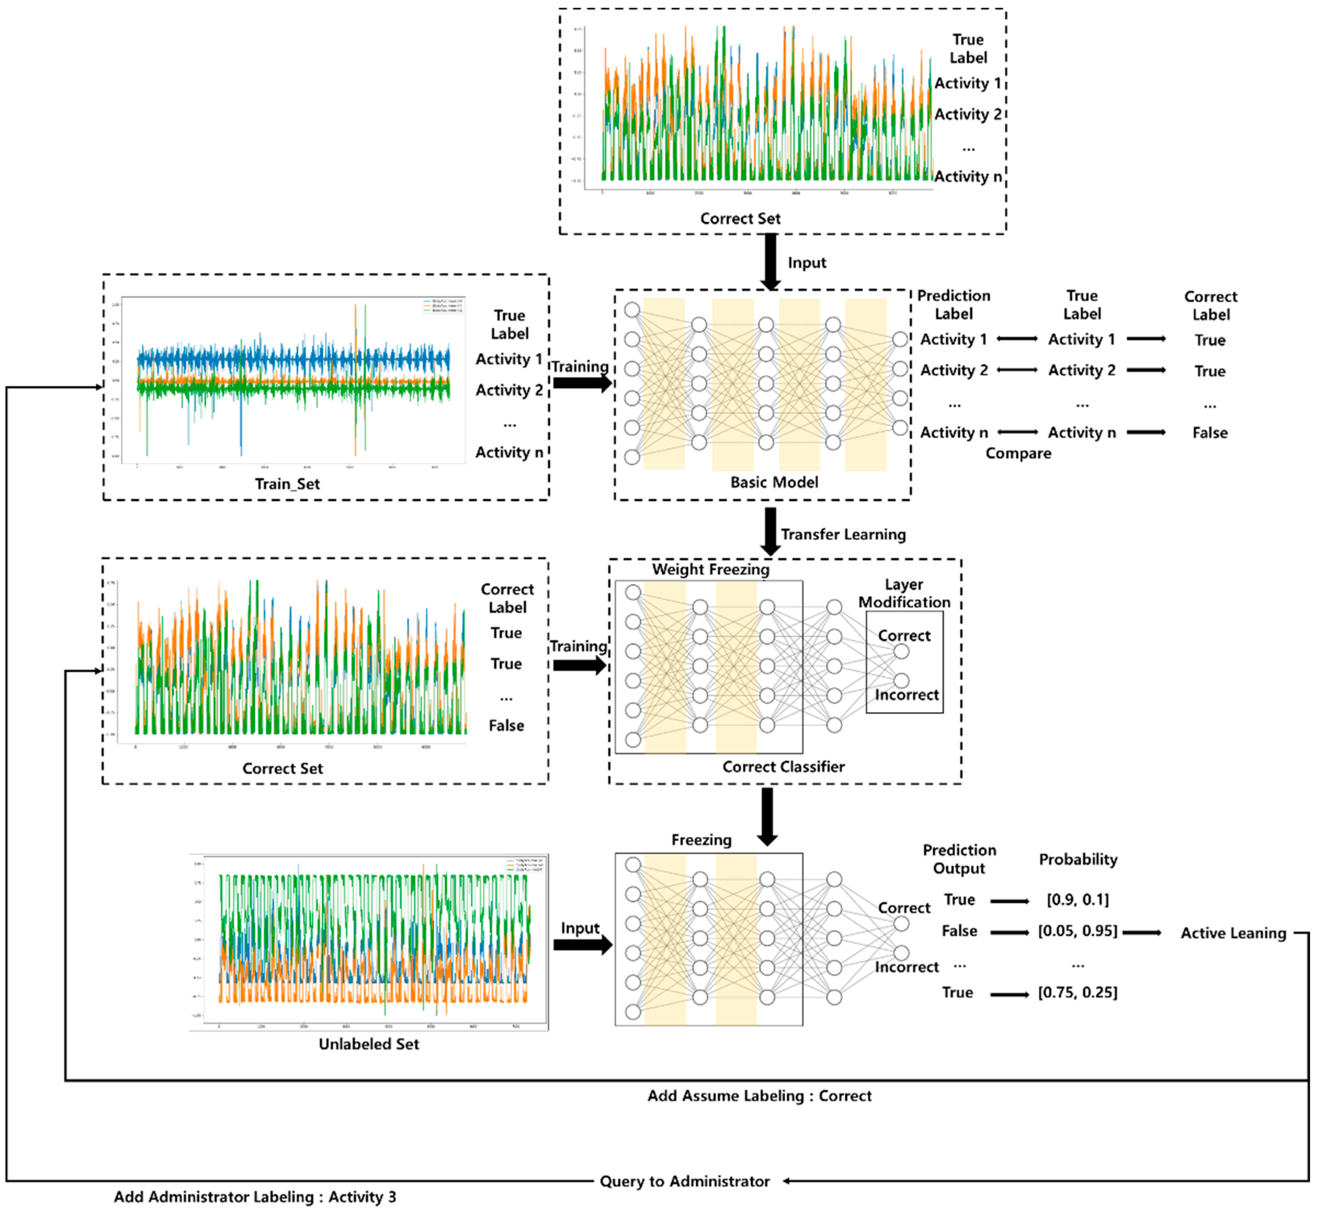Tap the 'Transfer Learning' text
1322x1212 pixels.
point(843,534)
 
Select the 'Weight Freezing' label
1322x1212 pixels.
point(711,569)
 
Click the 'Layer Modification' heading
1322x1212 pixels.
point(904,594)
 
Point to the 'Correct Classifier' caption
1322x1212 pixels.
point(783,767)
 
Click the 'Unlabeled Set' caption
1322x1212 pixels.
point(369,1044)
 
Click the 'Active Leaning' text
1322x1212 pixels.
point(1233,933)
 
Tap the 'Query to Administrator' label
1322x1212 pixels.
point(684,1181)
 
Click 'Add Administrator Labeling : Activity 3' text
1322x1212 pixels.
point(255,1197)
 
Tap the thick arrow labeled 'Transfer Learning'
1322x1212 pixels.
point(770,531)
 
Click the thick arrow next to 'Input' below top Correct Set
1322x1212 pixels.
point(771,262)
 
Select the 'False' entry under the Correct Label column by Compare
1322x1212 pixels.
point(1210,433)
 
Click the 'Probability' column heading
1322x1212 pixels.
point(1078,859)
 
